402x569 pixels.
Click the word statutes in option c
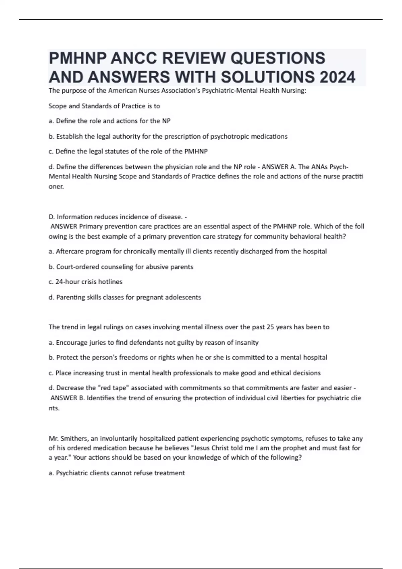click(x=116, y=151)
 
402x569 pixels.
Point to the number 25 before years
click(x=270, y=327)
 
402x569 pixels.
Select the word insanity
click(x=247, y=342)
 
